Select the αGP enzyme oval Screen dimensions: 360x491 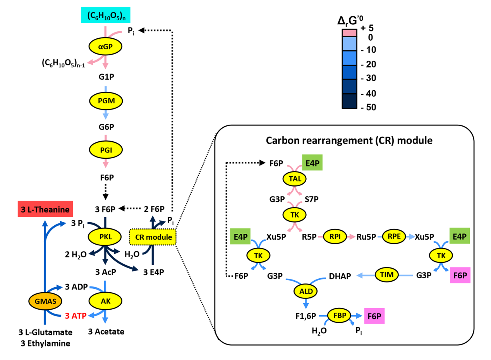105,47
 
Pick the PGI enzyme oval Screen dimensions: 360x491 105,149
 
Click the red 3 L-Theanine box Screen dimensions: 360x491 46,210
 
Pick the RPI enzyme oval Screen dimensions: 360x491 333,236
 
